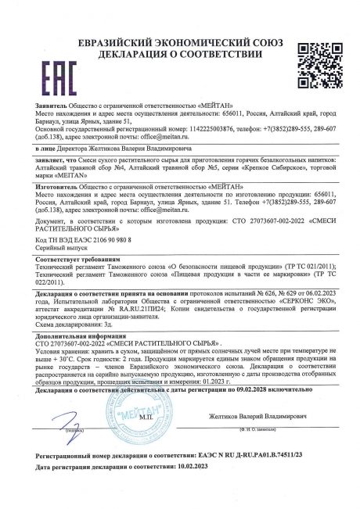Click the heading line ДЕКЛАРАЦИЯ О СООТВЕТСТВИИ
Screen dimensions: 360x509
(182, 33)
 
